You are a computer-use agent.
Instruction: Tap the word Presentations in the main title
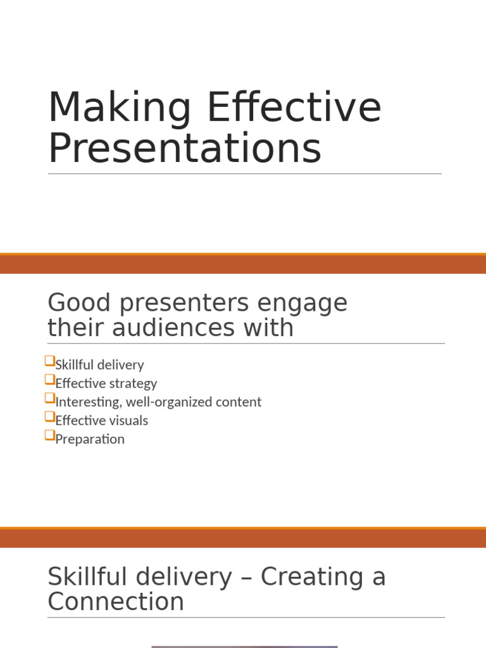185,149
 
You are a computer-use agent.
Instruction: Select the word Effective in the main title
294,109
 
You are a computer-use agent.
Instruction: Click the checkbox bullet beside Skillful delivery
50,361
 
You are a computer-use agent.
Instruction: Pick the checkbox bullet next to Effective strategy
50,380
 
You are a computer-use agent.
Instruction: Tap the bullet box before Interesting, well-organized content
50,398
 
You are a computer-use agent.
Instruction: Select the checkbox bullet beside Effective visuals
50,416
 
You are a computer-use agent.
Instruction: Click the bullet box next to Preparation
50,435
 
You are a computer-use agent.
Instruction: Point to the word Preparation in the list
90,439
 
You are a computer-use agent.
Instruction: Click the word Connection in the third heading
116,602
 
